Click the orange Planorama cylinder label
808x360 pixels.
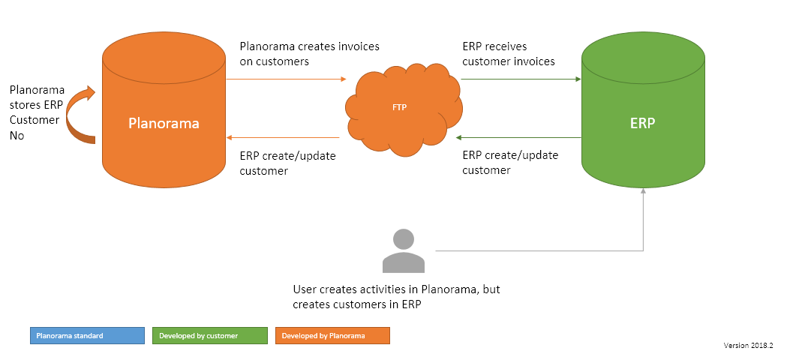point(164,123)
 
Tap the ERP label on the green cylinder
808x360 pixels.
point(642,123)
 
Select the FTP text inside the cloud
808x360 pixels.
point(400,108)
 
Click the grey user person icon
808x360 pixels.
point(404,250)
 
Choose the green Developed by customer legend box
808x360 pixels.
point(209,335)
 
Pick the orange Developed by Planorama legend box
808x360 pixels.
point(332,335)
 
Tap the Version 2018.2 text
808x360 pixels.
point(748,346)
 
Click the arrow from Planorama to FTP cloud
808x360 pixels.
point(285,78)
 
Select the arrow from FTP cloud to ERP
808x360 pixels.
point(521,78)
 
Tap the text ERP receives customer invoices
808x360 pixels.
point(509,54)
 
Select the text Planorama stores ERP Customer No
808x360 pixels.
point(36,112)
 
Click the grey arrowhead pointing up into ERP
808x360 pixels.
point(644,192)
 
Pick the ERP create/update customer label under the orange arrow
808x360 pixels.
point(287,163)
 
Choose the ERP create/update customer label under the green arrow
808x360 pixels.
point(510,163)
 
